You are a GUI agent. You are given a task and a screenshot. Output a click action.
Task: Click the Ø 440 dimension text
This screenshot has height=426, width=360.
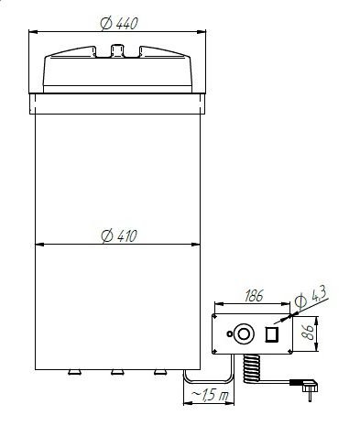pos(119,24)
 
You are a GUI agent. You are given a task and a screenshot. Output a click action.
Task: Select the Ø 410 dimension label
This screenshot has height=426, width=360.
pos(119,236)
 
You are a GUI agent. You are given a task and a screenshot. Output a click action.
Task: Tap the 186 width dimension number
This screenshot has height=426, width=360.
pos(254,296)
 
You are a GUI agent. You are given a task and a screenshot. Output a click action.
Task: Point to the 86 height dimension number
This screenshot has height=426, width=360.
pos(307,333)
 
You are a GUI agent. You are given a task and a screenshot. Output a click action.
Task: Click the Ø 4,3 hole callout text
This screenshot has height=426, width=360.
pos(311,297)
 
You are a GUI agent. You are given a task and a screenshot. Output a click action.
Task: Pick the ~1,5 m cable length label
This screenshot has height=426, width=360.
pos(210,395)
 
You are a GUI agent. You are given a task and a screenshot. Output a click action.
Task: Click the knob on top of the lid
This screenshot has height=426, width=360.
pos(117,50)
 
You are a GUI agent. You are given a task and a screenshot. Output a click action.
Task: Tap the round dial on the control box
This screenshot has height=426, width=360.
pos(244,333)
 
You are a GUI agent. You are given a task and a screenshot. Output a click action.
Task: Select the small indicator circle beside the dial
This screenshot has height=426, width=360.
pos(229,333)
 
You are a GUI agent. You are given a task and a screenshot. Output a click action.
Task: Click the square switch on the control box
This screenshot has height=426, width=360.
pos(271,334)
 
